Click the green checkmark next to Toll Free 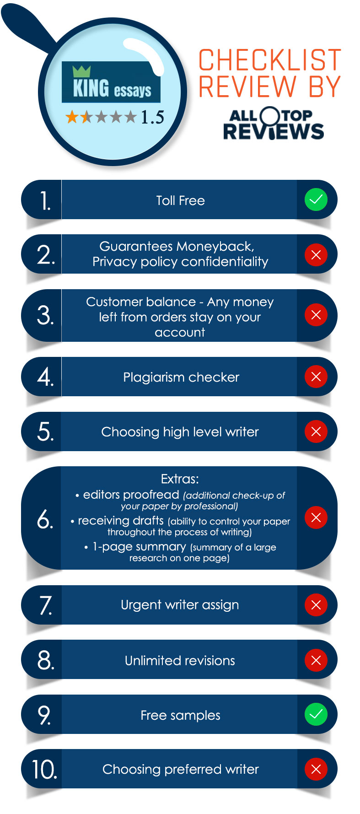click(316, 199)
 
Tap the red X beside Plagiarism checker click(316, 377)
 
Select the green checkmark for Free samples click(316, 714)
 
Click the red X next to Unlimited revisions click(316, 660)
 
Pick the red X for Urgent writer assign click(316, 605)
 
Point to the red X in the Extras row click(316, 518)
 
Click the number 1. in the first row click(45, 201)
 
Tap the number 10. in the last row click(44, 770)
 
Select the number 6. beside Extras click(45, 519)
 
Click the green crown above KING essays click(81, 71)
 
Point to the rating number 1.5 click(152, 117)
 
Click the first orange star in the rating click(72, 117)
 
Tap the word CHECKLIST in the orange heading click(270, 60)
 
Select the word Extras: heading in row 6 click(180, 479)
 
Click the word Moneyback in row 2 click(216, 247)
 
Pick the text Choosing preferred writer click(180, 770)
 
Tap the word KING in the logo click(91, 87)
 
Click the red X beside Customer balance click(316, 315)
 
